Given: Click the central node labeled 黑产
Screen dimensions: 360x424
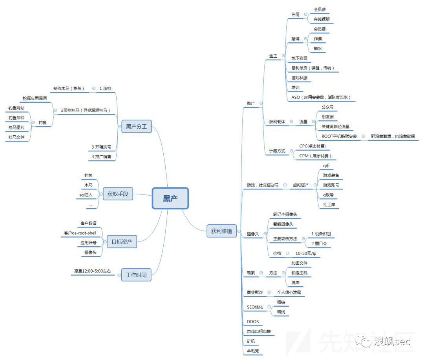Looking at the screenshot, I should click(x=170, y=198).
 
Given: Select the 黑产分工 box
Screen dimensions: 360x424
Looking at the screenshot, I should click(x=136, y=127).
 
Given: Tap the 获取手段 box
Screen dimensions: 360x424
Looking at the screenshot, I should click(x=118, y=194).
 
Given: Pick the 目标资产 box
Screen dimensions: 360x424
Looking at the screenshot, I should click(x=122, y=242).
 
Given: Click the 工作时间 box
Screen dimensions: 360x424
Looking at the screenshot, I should click(x=136, y=275).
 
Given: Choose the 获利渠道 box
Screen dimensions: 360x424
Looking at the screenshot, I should click(x=221, y=231).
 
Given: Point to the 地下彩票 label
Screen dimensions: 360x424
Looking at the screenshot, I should click(x=299, y=58).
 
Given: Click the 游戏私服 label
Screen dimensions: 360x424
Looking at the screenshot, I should click(x=299, y=78).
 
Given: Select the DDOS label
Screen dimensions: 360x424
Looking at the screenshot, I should click(x=253, y=322).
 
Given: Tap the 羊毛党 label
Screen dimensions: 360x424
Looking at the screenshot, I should click(x=253, y=351).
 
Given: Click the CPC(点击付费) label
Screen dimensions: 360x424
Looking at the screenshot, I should click(x=312, y=146).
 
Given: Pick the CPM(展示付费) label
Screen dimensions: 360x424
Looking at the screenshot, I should click(x=315, y=156).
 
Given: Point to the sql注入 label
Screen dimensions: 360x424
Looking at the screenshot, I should click(x=86, y=195).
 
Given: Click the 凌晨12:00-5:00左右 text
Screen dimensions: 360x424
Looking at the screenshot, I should click(x=93, y=271).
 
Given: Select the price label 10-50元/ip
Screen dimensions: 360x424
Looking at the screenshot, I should click(x=308, y=254).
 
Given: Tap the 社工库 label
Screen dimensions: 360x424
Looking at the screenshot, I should click(x=329, y=204).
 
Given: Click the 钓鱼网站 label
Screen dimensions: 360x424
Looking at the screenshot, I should click(x=16, y=108).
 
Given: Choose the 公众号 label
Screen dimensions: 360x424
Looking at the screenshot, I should click(x=327, y=107).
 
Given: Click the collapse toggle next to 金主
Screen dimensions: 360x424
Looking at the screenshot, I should click(x=283, y=56).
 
